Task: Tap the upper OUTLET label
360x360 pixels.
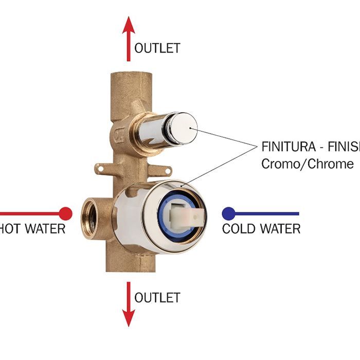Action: point(157,48)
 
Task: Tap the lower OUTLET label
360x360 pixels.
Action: point(157,298)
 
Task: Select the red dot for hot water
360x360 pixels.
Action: point(65,213)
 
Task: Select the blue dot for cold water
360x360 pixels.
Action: point(228,213)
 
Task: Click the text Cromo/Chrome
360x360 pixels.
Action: point(307,164)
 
